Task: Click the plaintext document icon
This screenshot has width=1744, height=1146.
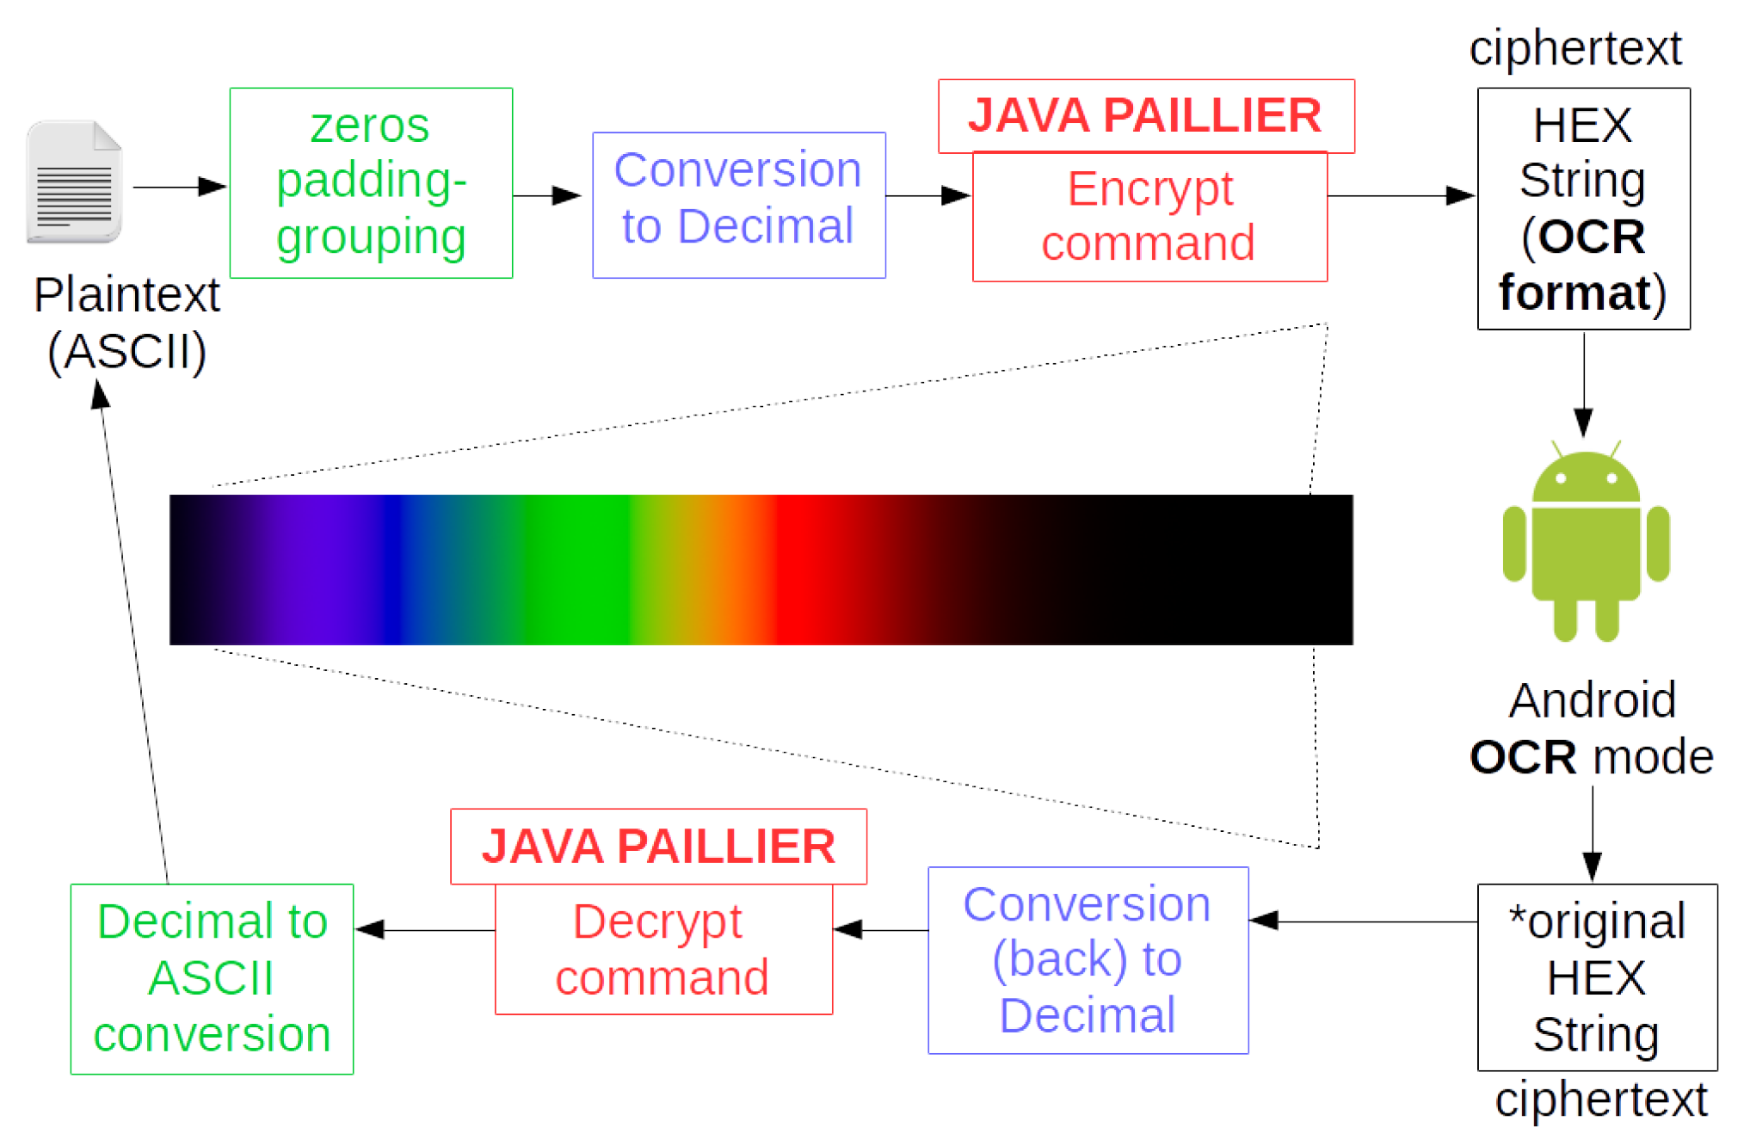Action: tap(74, 182)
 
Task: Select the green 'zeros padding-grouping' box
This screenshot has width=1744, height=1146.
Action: tap(371, 182)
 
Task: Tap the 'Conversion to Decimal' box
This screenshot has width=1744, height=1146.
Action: tap(738, 205)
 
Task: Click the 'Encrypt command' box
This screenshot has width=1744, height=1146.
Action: tap(1149, 217)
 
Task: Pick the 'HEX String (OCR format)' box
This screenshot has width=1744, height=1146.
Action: tap(1583, 208)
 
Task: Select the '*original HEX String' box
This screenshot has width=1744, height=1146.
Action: tap(1597, 977)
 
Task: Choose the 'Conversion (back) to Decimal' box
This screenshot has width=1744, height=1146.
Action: tap(1088, 960)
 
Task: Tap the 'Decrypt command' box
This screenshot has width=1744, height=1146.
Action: tap(663, 950)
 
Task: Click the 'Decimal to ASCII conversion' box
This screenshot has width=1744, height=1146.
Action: tap(212, 979)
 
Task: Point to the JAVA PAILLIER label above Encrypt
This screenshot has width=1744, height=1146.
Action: tap(1145, 116)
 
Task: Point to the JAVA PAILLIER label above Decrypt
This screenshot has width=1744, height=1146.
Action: tap(658, 847)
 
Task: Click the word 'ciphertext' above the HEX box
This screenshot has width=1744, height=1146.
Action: tap(1575, 48)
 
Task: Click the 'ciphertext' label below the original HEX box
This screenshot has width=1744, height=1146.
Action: tap(1600, 1100)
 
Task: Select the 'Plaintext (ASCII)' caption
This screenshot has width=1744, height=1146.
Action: tap(126, 323)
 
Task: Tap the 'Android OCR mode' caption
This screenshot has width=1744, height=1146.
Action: tap(1592, 729)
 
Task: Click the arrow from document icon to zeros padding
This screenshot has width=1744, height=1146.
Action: tap(179, 187)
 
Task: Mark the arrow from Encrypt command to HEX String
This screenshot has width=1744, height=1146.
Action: tap(1401, 196)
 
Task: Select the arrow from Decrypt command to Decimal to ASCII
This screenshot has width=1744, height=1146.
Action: tap(425, 929)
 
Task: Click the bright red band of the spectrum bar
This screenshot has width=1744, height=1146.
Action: tap(800, 570)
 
